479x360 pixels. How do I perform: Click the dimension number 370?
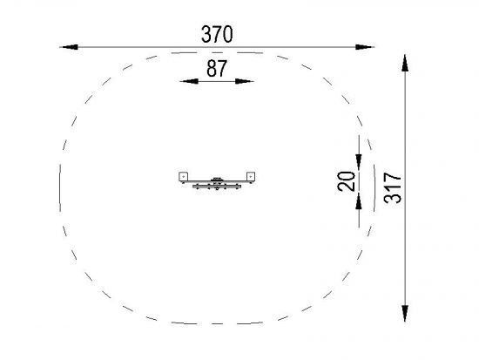(x=217, y=34)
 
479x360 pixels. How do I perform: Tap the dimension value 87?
(x=217, y=68)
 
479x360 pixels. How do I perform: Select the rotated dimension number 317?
(x=393, y=188)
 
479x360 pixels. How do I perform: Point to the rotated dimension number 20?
(x=347, y=181)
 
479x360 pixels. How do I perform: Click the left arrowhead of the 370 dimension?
(x=69, y=47)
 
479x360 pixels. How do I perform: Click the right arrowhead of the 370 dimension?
(x=365, y=47)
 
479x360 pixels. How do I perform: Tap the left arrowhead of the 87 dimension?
(x=189, y=81)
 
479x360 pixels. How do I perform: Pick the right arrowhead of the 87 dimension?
(x=245, y=81)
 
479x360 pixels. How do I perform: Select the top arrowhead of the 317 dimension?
(x=405, y=63)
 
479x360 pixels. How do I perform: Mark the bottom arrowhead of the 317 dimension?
(x=405, y=313)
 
